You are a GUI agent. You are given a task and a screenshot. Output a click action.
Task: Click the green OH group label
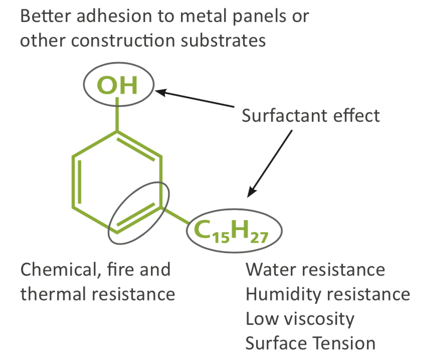coord(117,85)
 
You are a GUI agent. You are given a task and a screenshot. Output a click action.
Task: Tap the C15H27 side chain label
coord(231,231)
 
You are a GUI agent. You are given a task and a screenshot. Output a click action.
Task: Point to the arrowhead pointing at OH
coord(161,92)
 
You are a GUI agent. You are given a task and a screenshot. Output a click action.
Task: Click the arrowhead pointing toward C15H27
coord(252,192)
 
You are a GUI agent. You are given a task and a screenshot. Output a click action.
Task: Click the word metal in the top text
coord(203,16)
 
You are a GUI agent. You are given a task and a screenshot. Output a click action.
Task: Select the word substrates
coord(224,41)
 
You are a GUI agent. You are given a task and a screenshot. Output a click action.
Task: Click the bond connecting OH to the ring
coord(117,114)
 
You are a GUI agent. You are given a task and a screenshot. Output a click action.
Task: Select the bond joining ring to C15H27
coord(175,216)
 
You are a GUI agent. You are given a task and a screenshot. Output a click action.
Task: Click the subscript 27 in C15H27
coord(259,238)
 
